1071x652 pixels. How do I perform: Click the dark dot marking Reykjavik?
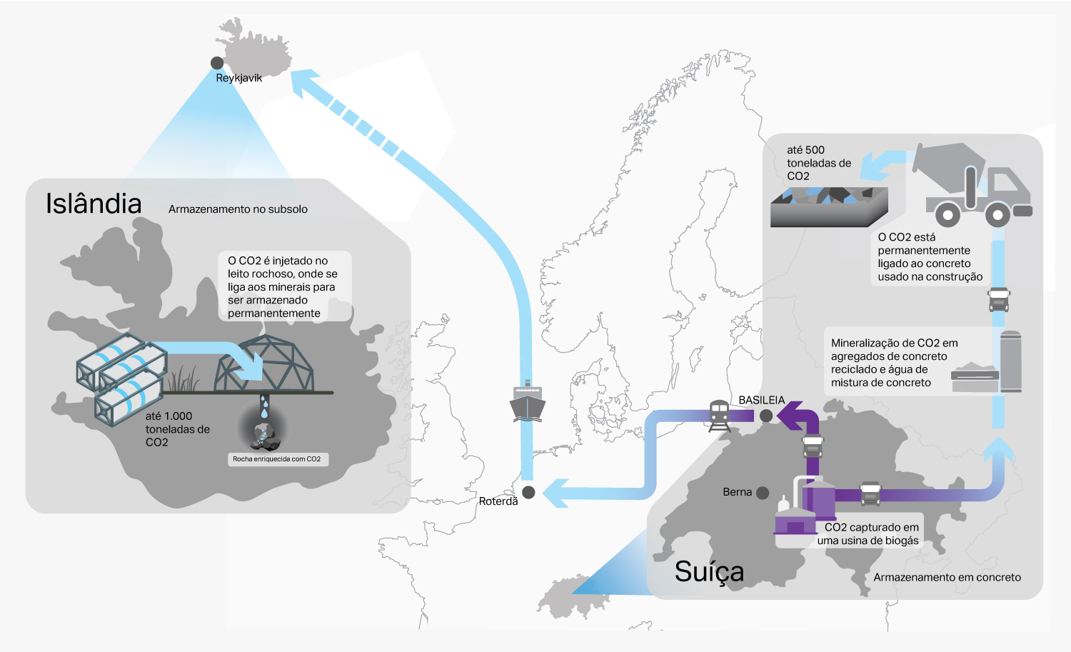click(217, 63)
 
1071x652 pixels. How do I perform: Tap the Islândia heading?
click(94, 204)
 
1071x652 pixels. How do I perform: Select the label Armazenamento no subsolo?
click(238, 209)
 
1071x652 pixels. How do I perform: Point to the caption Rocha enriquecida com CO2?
click(277, 459)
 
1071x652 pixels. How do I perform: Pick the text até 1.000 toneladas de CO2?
click(177, 429)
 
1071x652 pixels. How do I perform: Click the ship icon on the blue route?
click(527, 403)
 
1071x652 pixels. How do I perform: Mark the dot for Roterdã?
click(528, 492)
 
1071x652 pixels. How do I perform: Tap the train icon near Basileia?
click(718, 415)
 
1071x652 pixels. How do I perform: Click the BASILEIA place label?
click(761, 401)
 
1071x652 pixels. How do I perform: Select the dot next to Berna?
click(763, 493)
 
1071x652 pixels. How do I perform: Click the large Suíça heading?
click(709, 572)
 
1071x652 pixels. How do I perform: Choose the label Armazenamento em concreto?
click(947, 577)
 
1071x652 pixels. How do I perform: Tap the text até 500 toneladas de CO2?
click(818, 163)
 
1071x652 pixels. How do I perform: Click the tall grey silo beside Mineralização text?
click(1010, 361)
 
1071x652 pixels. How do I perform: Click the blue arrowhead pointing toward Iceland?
click(303, 81)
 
